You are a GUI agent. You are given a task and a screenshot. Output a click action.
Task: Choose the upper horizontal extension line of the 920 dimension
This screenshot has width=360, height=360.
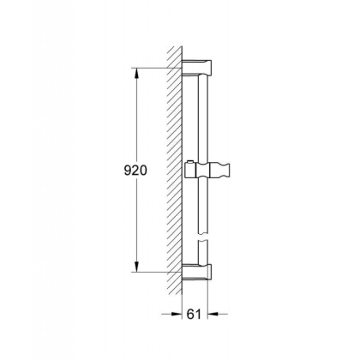point(159,68)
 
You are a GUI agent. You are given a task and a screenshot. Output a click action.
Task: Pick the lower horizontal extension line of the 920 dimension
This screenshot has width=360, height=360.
point(159,271)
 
